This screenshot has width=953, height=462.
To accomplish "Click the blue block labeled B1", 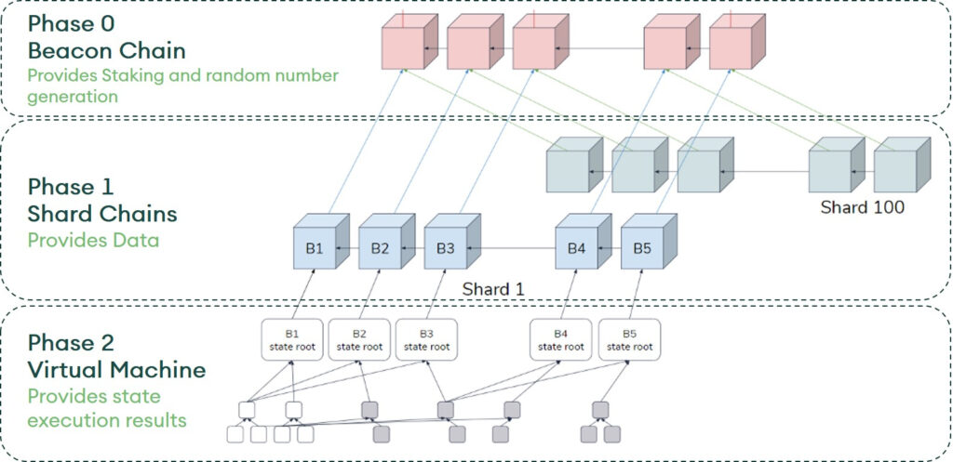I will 315,248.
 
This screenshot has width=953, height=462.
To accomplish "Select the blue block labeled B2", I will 380,248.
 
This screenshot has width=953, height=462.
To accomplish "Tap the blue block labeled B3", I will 445,248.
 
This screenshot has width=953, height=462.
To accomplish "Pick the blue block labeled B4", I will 576,248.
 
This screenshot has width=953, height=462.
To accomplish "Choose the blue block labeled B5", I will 642,248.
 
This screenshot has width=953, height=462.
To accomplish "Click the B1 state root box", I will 291,340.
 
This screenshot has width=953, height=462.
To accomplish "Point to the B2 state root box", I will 359,340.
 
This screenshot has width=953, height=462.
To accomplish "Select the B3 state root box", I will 426,340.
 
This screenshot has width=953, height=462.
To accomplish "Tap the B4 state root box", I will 560,340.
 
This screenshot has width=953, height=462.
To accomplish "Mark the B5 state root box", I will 628,340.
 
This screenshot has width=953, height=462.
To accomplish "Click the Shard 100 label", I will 862,207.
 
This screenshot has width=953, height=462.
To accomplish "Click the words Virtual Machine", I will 116,370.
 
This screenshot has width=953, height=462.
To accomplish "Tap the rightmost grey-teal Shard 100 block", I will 900,167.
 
